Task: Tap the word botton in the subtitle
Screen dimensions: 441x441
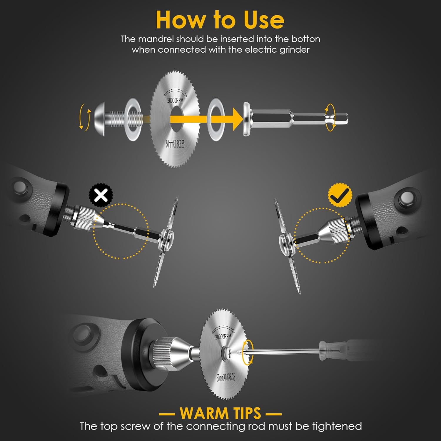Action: (x=306, y=39)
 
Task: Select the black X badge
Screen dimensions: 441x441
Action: (x=101, y=195)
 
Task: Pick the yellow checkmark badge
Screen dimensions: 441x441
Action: (x=340, y=195)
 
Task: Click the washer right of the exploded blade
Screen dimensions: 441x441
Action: (x=216, y=119)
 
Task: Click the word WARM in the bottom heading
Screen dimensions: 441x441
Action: (x=202, y=413)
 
